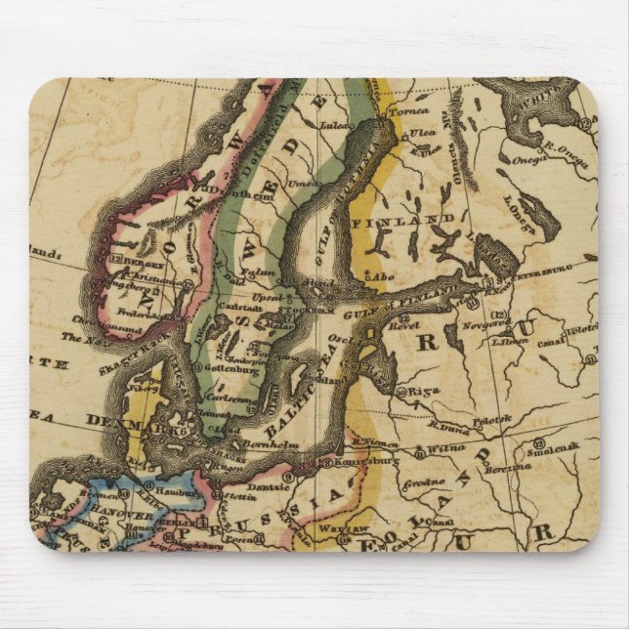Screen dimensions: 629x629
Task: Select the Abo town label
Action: pyautogui.click(x=383, y=277)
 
